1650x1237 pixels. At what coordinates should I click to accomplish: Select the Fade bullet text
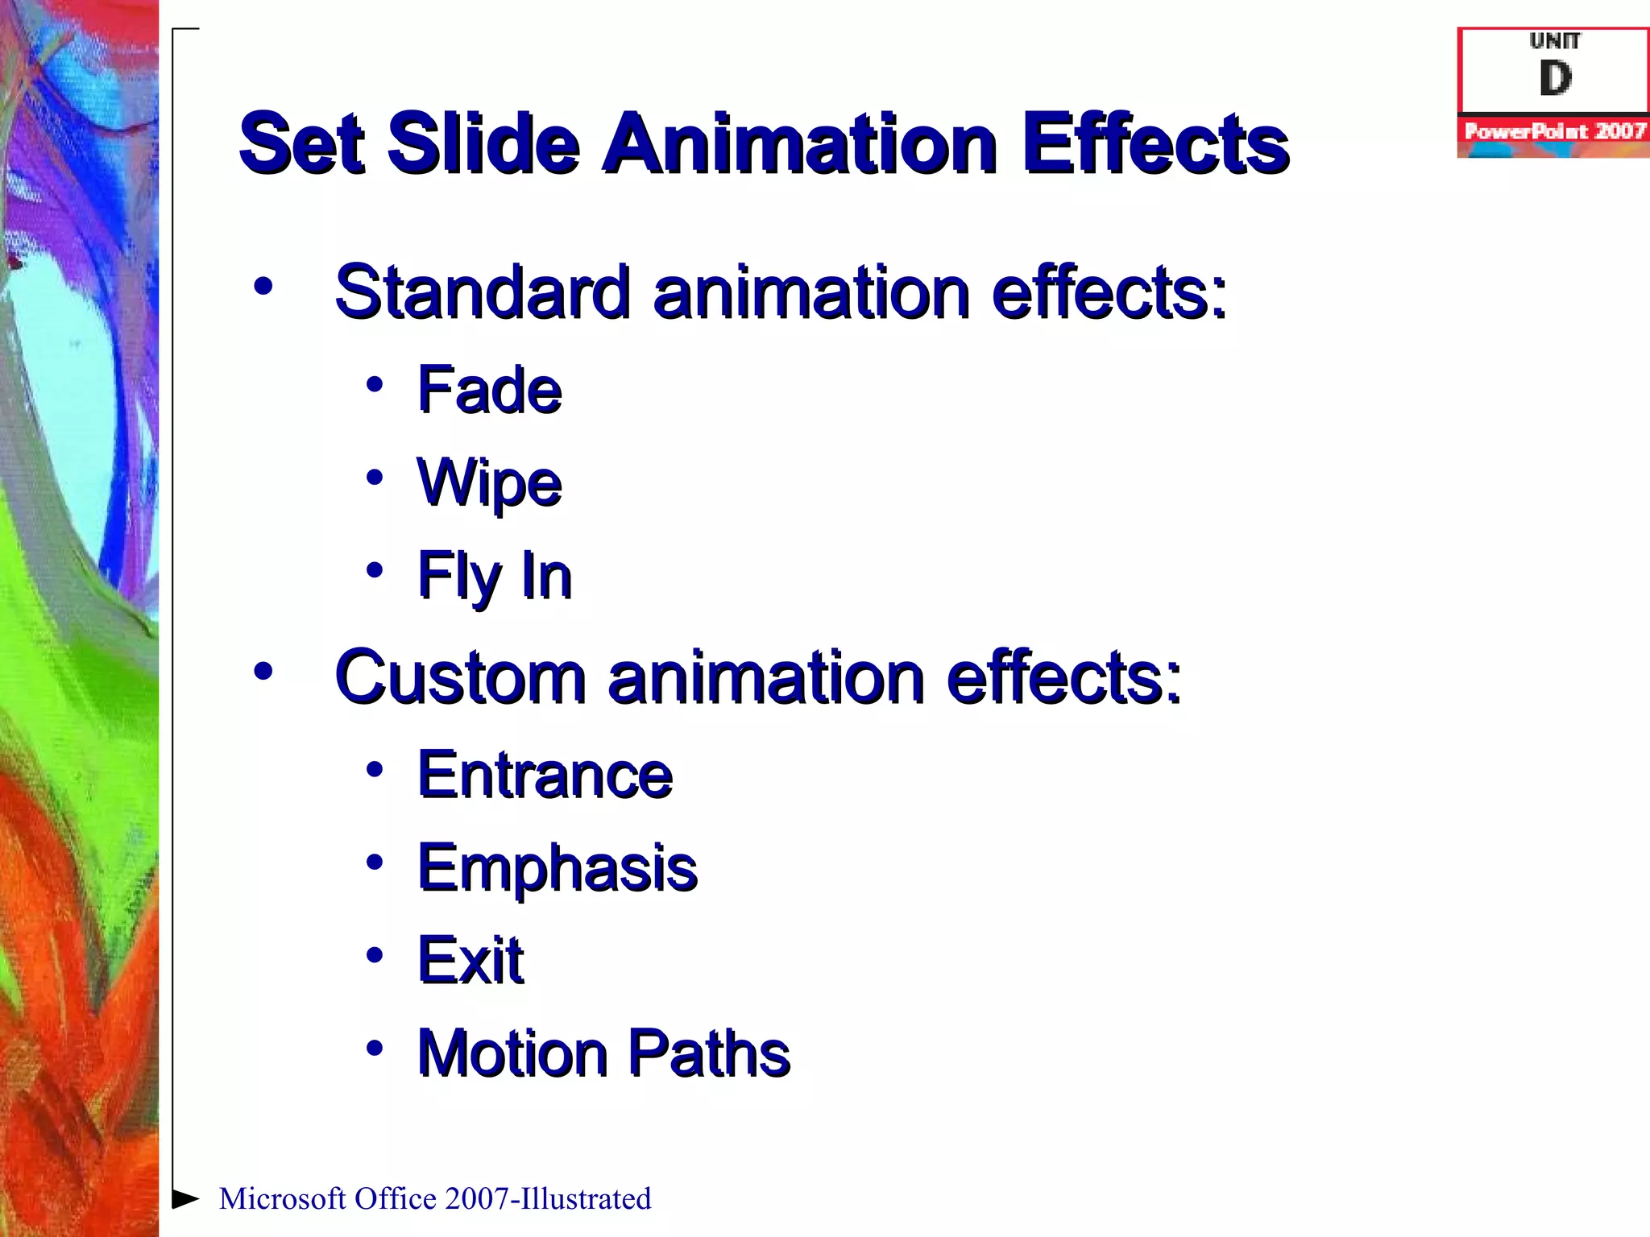click(x=489, y=390)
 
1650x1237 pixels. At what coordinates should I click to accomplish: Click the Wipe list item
click(x=489, y=483)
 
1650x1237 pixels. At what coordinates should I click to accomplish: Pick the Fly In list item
click(x=494, y=576)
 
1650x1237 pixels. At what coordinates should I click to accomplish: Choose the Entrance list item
click(x=545, y=775)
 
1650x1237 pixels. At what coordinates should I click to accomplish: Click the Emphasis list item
click(x=557, y=868)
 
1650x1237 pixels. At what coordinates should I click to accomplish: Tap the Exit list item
click(x=470, y=960)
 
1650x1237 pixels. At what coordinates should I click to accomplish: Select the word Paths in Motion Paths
click(x=708, y=1053)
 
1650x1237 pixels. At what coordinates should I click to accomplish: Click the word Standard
click(x=482, y=292)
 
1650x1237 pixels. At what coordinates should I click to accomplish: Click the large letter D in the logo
click(x=1555, y=79)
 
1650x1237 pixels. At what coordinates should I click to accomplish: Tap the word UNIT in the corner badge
click(x=1555, y=40)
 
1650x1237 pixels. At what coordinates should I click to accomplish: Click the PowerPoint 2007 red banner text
click(x=1554, y=131)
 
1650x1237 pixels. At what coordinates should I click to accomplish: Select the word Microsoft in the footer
click(x=282, y=1199)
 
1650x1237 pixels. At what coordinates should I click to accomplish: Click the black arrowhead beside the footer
click(x=185, y=1198)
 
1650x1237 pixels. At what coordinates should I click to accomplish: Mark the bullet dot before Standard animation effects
click(x=263, y=286)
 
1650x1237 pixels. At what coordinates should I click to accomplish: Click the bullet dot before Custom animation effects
click(x=263, y=671)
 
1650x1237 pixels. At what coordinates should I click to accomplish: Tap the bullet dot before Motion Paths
click(x=374, y=1048)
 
